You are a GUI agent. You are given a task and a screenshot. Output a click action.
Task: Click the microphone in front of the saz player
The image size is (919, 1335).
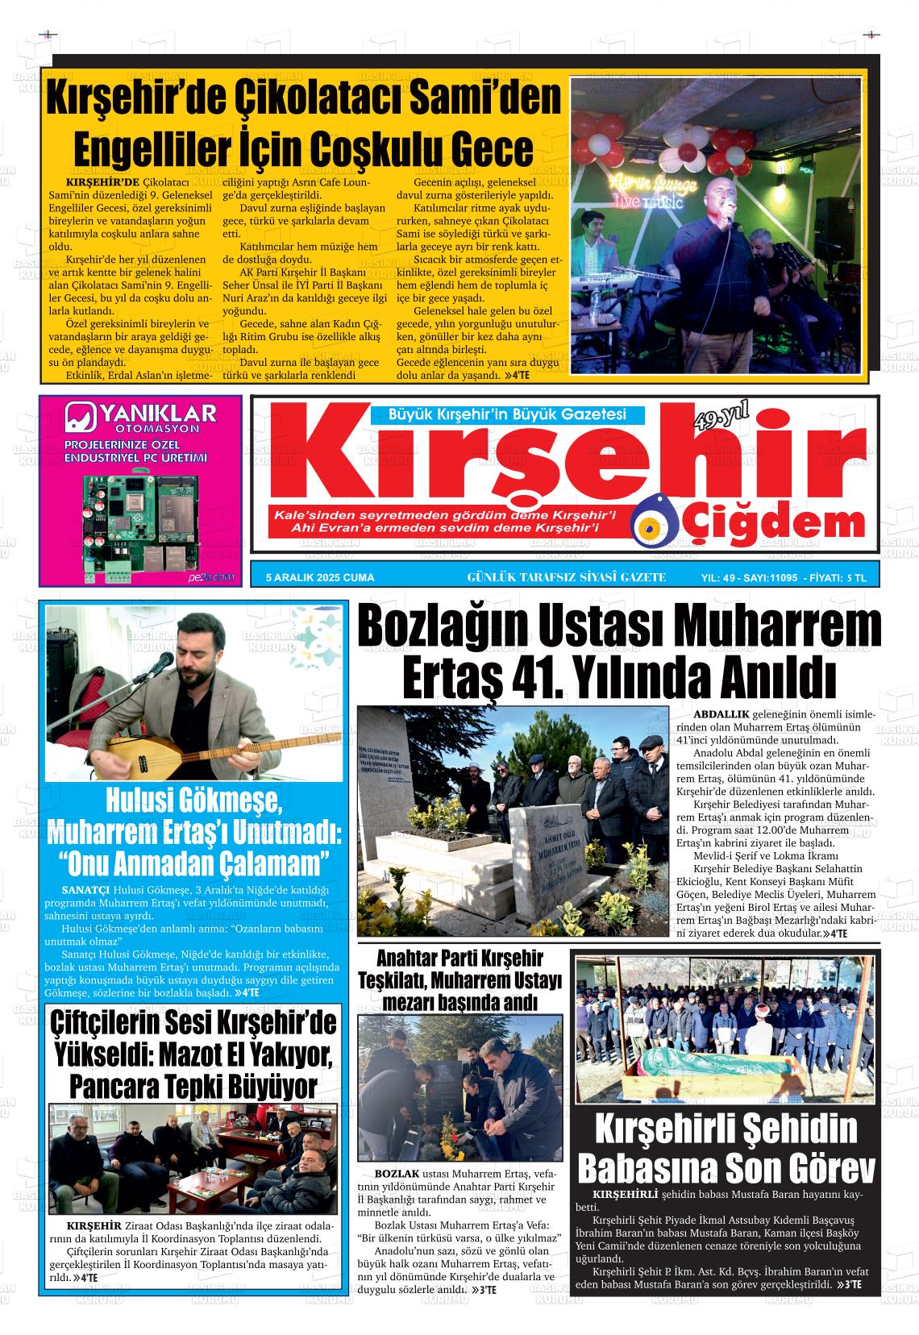[x=164, y=663]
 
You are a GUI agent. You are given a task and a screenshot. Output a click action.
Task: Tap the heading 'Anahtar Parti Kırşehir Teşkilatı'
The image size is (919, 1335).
[x=461, y=969]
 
